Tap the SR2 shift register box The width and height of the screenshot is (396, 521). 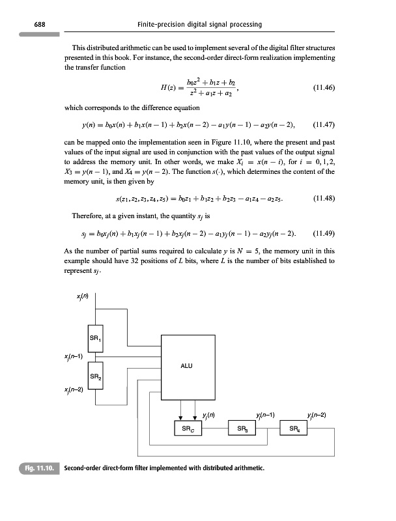(x=95, y=378)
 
